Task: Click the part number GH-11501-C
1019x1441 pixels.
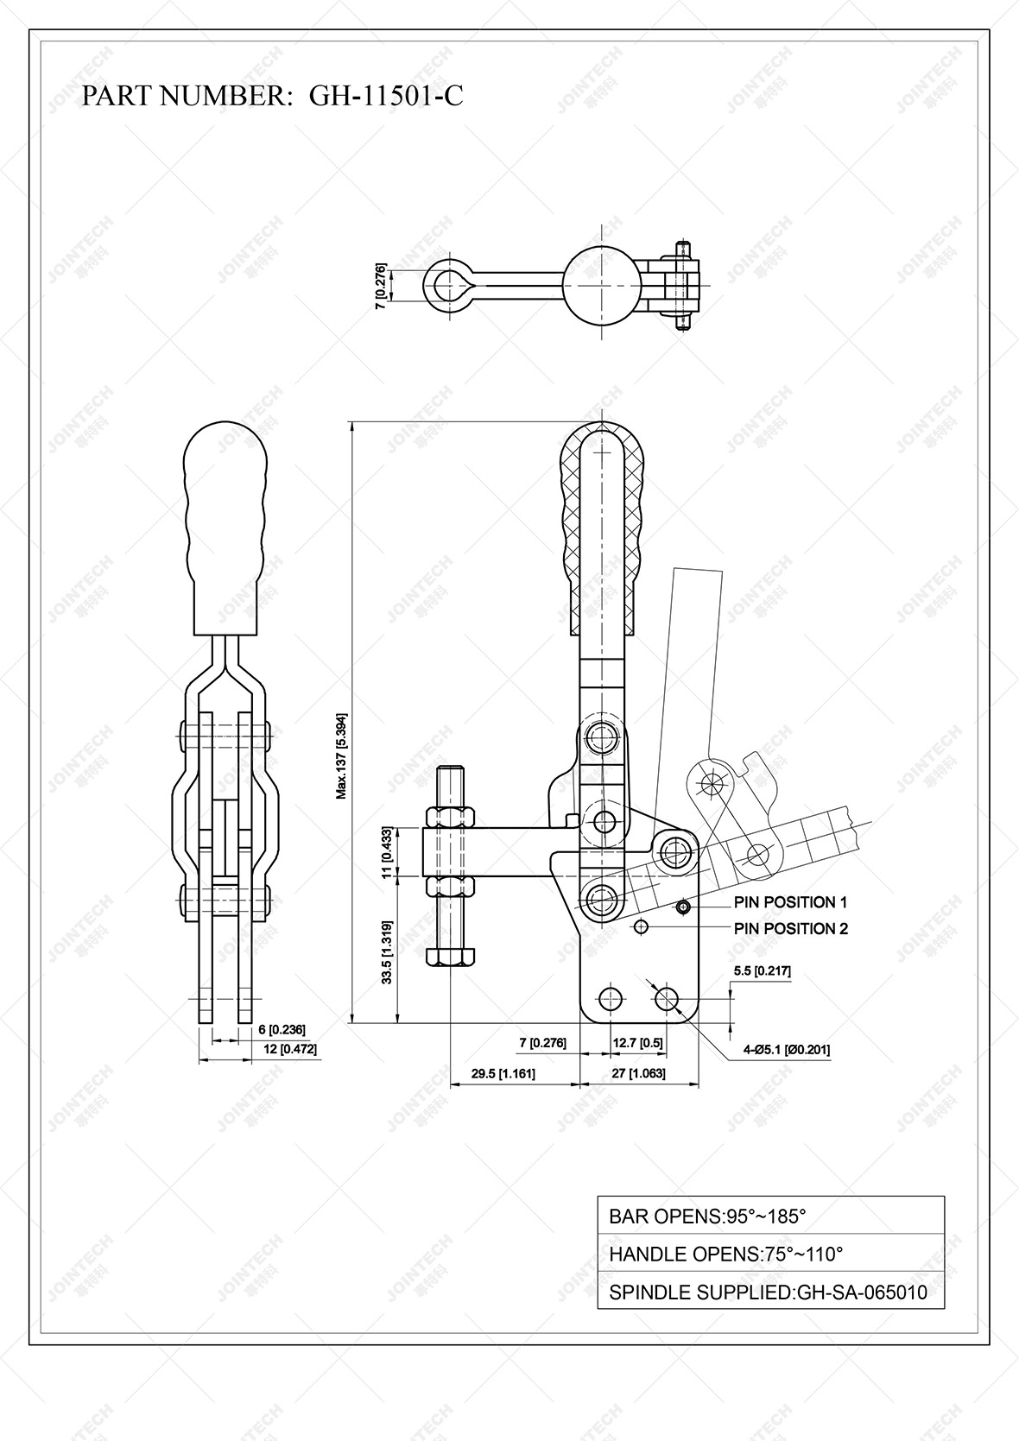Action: [385, 95]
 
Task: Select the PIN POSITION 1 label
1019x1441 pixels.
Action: [789, 902]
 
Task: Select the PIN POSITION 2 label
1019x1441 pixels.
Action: [789, 928]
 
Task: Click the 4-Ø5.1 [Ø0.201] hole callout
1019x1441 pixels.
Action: [786, 1050]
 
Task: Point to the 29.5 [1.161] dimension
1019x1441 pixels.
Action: [503, 1074]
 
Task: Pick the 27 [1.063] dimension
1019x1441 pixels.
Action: [638, 1074]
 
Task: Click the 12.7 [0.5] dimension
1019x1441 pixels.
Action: [637, 1042]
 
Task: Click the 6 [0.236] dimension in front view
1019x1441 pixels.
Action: [282, 1029]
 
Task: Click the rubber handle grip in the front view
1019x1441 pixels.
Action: [225, 527]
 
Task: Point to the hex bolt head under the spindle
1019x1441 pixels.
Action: [451, 956]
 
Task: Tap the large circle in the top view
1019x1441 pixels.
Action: [602, 283]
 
